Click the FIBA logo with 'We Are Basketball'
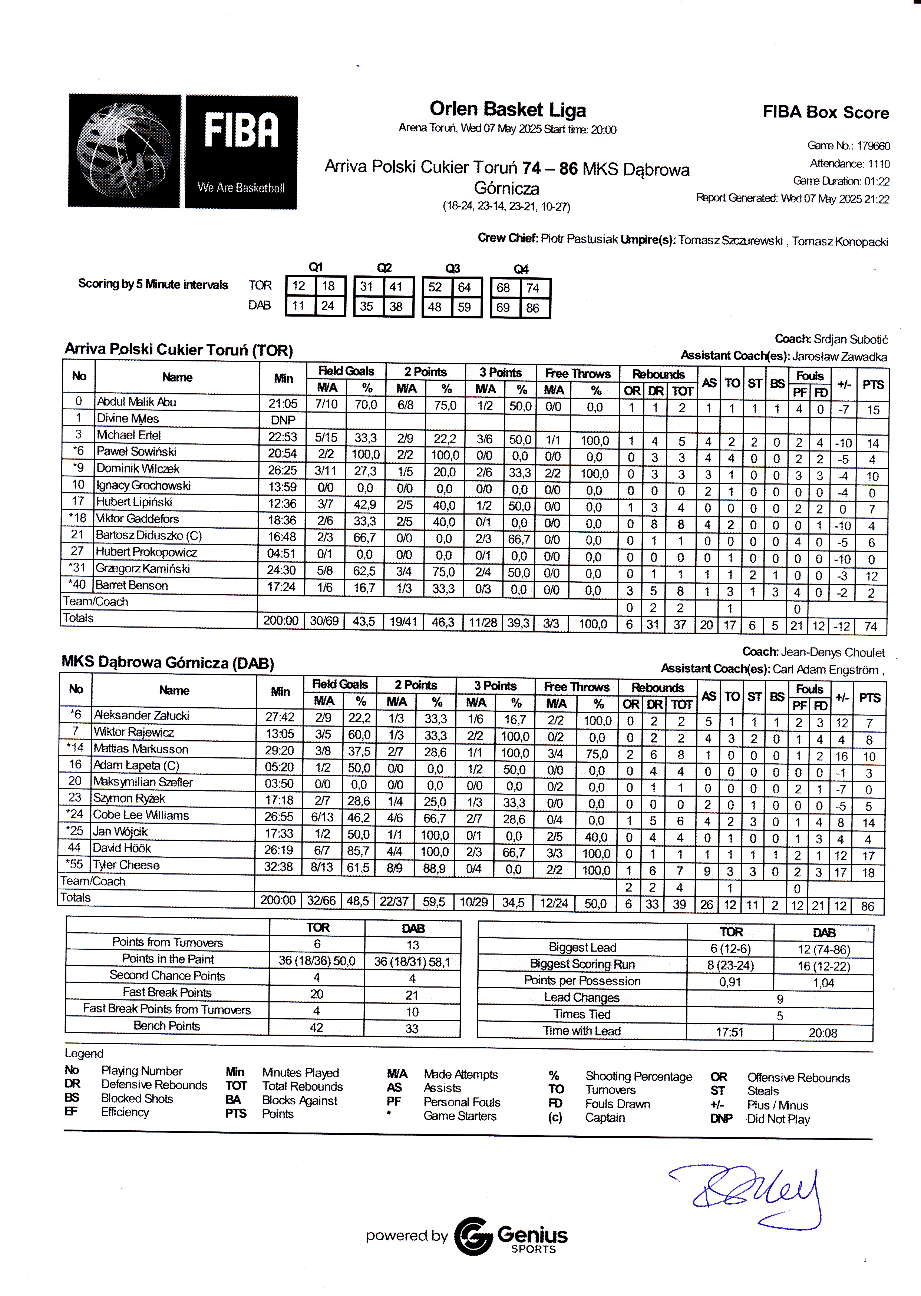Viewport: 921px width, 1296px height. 241,152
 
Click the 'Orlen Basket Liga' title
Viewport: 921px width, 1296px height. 508,109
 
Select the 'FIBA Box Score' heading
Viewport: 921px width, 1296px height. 825,112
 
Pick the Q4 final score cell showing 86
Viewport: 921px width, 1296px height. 532,308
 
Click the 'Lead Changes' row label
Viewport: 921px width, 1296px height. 581,997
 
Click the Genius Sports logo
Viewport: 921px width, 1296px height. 511,1236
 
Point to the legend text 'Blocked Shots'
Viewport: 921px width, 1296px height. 137,1098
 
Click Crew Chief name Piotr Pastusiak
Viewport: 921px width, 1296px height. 578,239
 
